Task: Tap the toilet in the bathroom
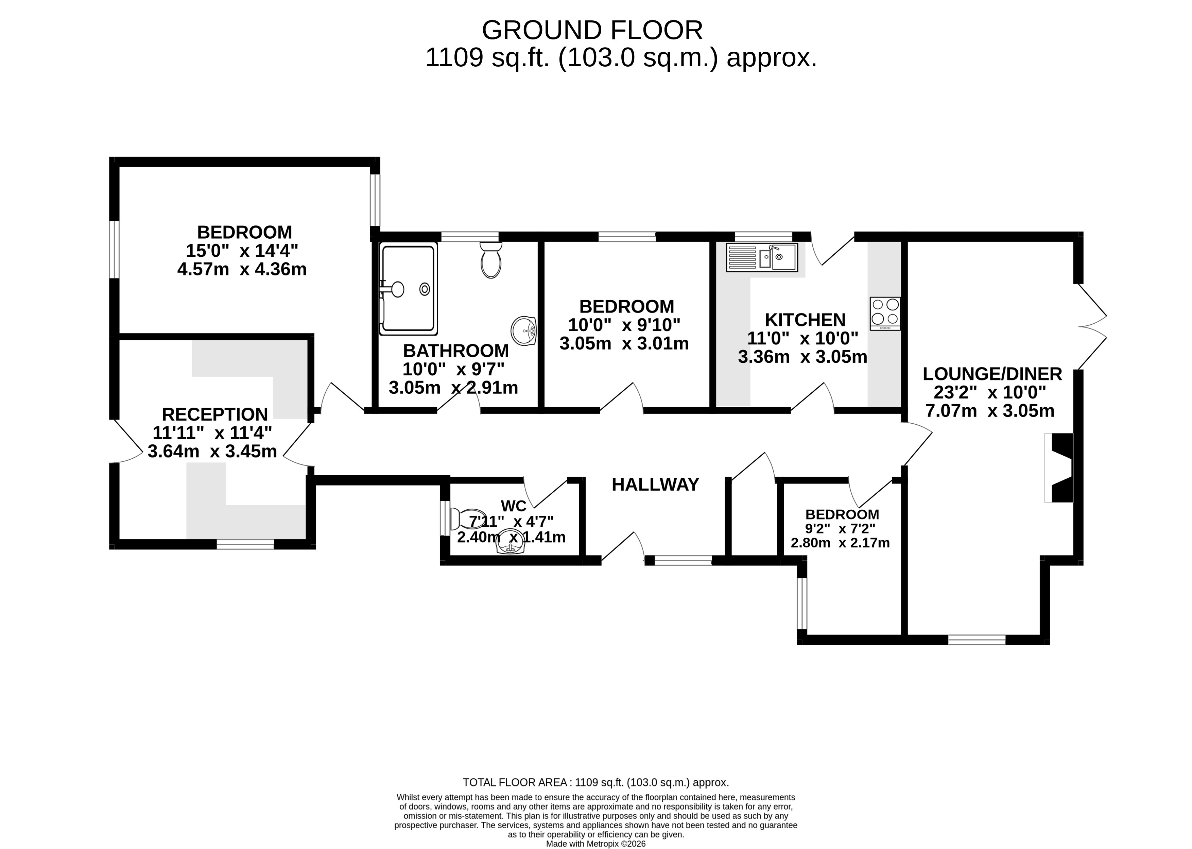point(491,260)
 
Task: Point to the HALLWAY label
point(655,485)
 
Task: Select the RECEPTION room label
point(215,414)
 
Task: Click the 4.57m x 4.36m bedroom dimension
point(242,269)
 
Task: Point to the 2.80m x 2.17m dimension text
point(840,543)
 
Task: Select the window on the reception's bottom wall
point(245,544)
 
